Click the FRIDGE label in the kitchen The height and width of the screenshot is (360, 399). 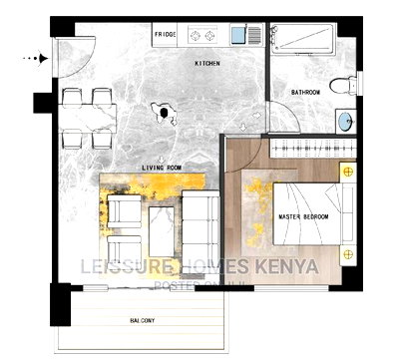click(166, 35)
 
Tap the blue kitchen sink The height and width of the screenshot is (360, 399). click(240, 36)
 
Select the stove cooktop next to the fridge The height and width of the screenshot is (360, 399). click(203, 36)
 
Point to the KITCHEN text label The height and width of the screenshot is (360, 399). click(206, 63)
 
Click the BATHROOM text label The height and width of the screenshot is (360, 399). click(305, 92)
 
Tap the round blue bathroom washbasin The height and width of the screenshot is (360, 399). click(344, 122)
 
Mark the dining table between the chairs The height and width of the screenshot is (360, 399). click(88, 112)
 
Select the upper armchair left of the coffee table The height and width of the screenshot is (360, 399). click(123, 209)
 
